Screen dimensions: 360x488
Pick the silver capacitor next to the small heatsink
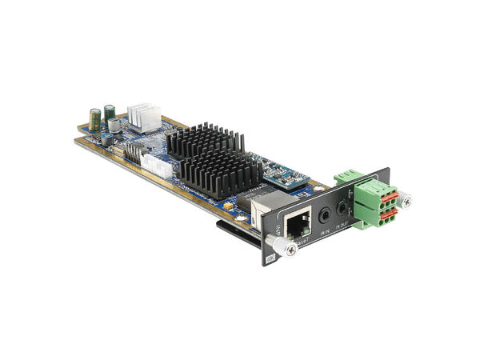(117, 126)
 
